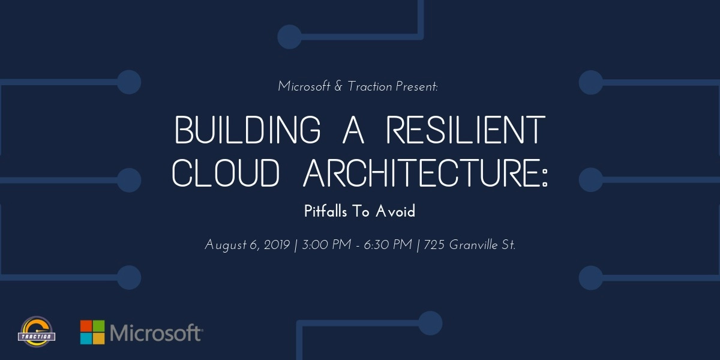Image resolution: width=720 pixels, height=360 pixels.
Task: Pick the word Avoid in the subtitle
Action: pos(395,211)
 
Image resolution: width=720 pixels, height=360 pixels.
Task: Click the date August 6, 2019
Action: pos(247,245)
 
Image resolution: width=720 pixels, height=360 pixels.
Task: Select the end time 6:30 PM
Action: pos(391,245)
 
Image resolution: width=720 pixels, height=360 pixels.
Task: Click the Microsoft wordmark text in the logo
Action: pos(155,332)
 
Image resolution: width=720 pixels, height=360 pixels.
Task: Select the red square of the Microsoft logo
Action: pos(86,325)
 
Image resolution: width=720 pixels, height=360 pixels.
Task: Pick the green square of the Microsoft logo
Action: pos(98,325)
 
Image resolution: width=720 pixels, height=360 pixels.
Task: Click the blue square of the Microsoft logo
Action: pos(86,338)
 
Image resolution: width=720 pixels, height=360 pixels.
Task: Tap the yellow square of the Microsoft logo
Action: pos(98,338)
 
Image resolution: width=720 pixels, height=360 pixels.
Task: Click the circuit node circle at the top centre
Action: pos(289,37)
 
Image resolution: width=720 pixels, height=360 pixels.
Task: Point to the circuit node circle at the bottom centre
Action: pos(430,323)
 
